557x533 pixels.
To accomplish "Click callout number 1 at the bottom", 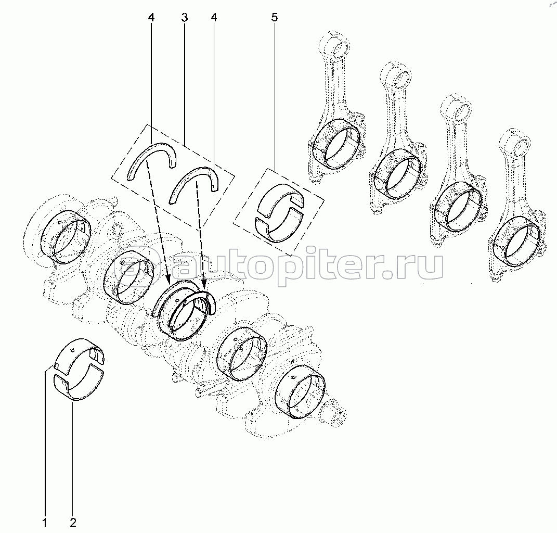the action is (45, 523).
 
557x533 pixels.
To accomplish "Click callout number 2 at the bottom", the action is (73, 523).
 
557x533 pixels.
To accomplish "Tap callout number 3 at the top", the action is (184, 17).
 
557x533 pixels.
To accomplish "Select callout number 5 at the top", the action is (275, 17).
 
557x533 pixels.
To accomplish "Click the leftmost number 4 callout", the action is (151, 17).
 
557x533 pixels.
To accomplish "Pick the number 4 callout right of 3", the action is (214, 17).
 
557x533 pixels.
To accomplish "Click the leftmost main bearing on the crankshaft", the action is (66, 237).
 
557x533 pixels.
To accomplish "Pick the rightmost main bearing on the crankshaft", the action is (301, 392).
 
